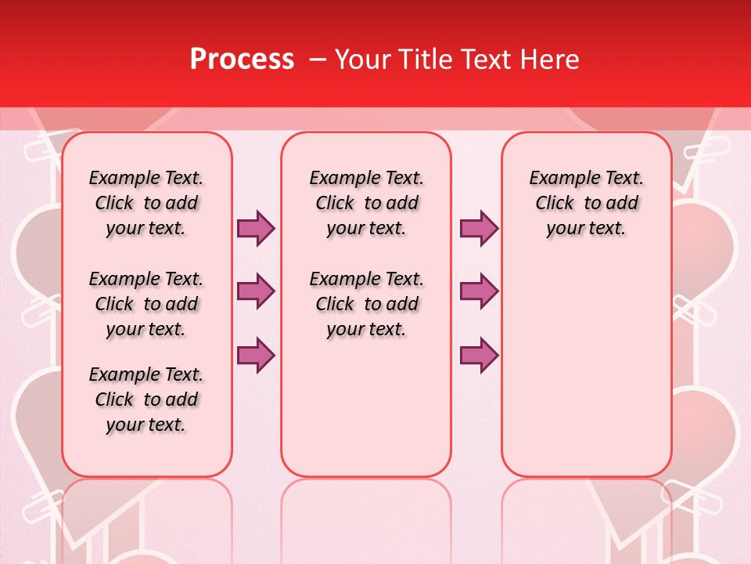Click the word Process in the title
pyautogui.click(x=242, y=60)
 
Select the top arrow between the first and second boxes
pyautogui.click(x=256, y=228)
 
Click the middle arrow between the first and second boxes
pyautogui.click(x=256, y=291)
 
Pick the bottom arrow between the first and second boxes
pyautogui.click(x=256, y=355)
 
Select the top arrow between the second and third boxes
pyautogui.click(x=479, y=228)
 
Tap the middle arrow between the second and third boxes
pyautogui.click(x=479, y=291)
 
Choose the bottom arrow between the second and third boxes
pyautogui.click(x=479, y=355)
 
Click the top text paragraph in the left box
pyautogui.click(x=146, y=203)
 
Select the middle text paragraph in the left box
pyautogui.click(x=146, y=304)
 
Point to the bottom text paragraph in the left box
pyautogui.click(x=146, y=399)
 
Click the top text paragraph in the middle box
pyautogui.click(x=366, y=203)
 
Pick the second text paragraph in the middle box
pyautogui.click(x=366, y=304)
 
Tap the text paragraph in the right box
pyautogui.click(x=586, y=203)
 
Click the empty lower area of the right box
pyautogui.click(x=586, y=368)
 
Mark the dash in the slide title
pyautogui.click(x=318, y=60)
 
